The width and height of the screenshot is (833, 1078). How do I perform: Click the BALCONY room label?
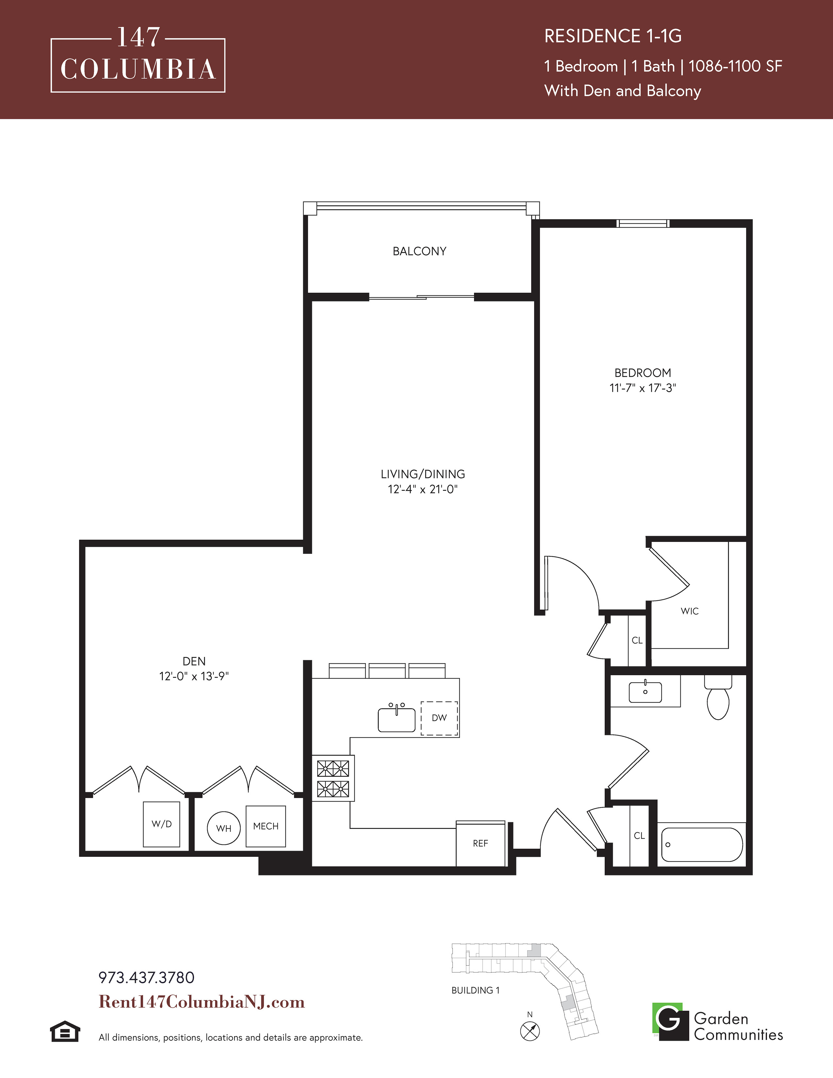[x=419, y=251]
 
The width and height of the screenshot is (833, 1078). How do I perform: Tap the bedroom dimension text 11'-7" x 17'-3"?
[x=643, y=388]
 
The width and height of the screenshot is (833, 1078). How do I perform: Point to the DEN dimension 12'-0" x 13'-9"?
[x=194, y=676]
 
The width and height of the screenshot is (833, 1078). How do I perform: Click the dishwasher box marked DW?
[x=439, y=718]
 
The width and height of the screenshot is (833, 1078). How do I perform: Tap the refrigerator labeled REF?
[x=481, y=844]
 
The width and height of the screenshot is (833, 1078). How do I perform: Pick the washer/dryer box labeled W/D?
[x=161, y=824]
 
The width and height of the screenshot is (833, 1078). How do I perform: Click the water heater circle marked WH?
[x=223, y=828]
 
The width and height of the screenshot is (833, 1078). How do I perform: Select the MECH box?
[x=266, y=826]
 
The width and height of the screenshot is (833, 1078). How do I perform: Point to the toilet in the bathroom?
[x=718, y=697]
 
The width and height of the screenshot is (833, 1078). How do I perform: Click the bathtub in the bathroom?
[x=702, y=844]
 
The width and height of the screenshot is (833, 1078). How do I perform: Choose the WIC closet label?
[x=689, y=611]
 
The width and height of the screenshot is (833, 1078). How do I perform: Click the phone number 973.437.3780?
[x=147, y=978]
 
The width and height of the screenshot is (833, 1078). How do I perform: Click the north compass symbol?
[x=530, y=1031]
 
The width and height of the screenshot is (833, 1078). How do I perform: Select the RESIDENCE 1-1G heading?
[x=613, y=36]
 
